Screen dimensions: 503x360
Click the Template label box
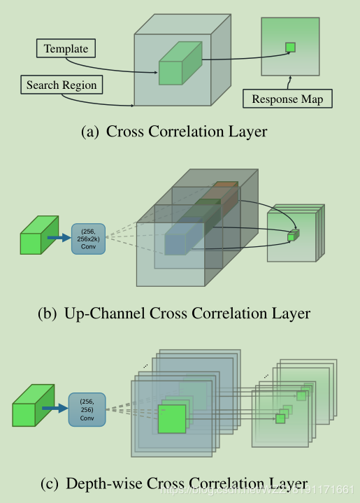click(66, 49)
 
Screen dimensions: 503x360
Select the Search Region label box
click(62, 85)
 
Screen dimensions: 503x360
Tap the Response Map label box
click(287, 99)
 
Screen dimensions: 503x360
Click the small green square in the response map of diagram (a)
click(290, 47)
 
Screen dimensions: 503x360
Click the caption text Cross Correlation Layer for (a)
click(187, 131)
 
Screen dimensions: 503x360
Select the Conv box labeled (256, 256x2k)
click(88, 239)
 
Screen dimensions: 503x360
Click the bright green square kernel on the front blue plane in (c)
click(172, 418)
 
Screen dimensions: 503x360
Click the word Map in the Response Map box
click(311, 99)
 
